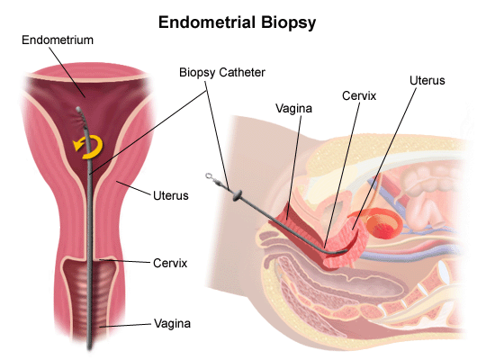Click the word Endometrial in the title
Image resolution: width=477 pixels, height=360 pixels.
tap(207, 22)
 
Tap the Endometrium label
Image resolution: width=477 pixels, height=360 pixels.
tap(58, 40)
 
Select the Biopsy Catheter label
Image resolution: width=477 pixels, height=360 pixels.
tap(222, 73)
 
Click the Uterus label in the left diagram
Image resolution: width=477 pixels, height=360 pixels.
tap(171, 195)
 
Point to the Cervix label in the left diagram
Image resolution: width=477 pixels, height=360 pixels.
tap(170, 263)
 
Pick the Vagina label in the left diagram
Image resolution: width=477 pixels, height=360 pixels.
tap(172, 323)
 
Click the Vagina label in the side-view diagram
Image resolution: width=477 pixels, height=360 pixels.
tap(294, 109)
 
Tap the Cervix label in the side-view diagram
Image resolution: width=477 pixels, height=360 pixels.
tap(359, 96)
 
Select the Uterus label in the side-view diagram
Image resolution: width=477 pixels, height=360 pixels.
tap(427, 80)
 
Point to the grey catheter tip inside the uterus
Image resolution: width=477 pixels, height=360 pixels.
tap(78, 109)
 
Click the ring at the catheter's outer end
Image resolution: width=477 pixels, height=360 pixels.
tap(209, 175)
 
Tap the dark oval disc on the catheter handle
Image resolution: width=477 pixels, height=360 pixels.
tap(237, 195)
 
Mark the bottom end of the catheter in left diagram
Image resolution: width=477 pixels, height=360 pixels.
tap(89, 348)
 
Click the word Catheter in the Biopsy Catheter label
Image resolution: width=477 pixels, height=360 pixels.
tap(242, 72)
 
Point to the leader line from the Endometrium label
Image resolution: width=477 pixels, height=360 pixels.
tap(67, 72)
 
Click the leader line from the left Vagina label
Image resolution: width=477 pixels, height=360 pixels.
tap(125, 325)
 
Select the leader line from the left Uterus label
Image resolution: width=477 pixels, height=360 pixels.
tap(133, 188)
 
